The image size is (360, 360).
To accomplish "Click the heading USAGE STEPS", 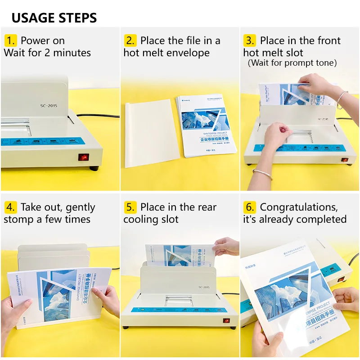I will pos(54,18).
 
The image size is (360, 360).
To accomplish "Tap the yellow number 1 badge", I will pos(11,40).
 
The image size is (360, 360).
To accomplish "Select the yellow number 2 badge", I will pos(130,40).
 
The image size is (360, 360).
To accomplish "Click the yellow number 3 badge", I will pos(250,40).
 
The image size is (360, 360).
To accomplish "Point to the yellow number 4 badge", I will pos(11,207).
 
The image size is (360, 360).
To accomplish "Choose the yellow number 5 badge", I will pos(130,207).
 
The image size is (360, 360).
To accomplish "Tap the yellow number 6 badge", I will pos(250,207).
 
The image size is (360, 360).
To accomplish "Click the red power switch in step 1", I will pos(83,157).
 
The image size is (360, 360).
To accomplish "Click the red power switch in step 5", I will pos(227,321).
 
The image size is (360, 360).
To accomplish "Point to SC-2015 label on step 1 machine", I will pos(49,106).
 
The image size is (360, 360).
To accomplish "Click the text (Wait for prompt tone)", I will pos(292,63).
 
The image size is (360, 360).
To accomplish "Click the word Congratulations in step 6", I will pos(298,207).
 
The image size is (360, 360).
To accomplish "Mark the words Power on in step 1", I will pos(43,40).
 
